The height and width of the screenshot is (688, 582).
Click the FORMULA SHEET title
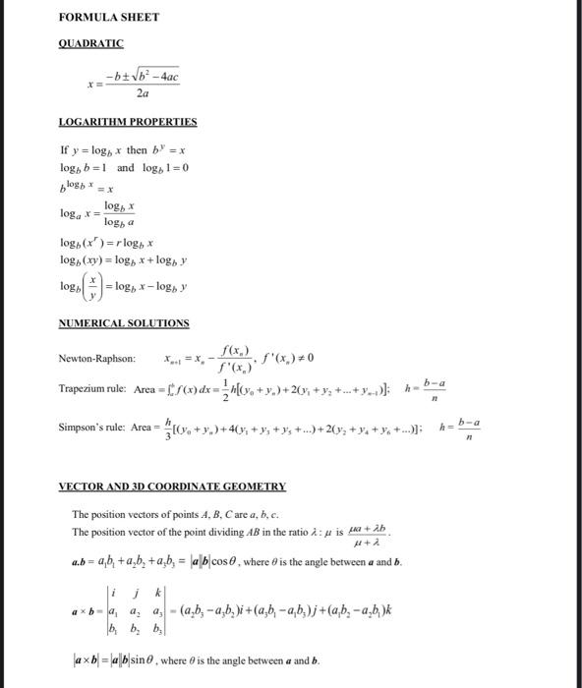101,18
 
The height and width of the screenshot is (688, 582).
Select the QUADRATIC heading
90,43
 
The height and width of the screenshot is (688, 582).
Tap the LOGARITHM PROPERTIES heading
128,122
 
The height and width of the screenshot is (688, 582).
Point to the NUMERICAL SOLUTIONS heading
123,322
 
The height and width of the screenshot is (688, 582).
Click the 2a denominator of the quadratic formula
144,94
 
